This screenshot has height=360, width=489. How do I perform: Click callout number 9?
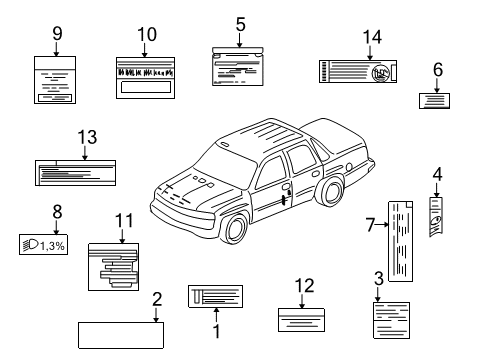pos(55,32)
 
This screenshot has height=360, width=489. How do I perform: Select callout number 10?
pos(146,34)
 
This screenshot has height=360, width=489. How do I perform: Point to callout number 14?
pos(372,38)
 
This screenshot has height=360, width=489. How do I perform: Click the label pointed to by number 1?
pos(216,296)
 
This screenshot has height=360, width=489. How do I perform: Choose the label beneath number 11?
pos(113,267)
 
